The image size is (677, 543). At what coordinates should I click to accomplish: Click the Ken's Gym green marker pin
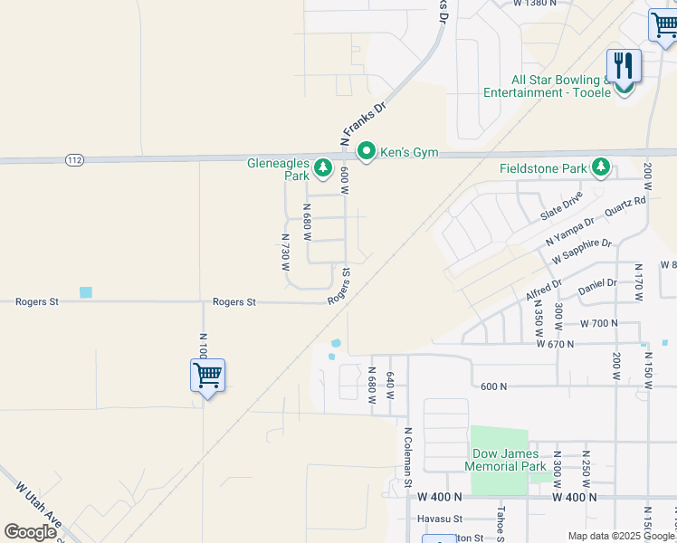pyautogui.click(x=367, y=152)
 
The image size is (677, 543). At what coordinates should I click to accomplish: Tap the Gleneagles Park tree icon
pyautogui.click(x=322, y=167)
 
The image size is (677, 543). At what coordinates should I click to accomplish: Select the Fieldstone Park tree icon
pyautogui.click(x=600, y=167)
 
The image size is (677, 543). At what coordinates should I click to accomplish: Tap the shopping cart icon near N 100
pyautogui.click(x=207, y=375)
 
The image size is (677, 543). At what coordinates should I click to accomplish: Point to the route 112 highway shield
pyautogui.click(x=74, y=160)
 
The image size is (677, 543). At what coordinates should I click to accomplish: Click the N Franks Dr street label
pyautogui.click(x=362, y=123)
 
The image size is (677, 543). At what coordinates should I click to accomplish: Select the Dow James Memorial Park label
pyautogui.click(x=506, y=460)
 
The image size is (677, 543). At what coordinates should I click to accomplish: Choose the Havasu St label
pyautogui.click(x=440, y=519)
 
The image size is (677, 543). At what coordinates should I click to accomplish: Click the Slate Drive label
pyautogui.click(x=561, y=210)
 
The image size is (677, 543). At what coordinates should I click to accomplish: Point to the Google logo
pyautogui.click(x=30, y=532)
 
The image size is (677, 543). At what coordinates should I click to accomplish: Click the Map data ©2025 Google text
pyautogui.click(x=621, y=536)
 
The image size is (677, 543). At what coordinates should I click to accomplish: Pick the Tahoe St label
pyautogui.click(x=499, y=518)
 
